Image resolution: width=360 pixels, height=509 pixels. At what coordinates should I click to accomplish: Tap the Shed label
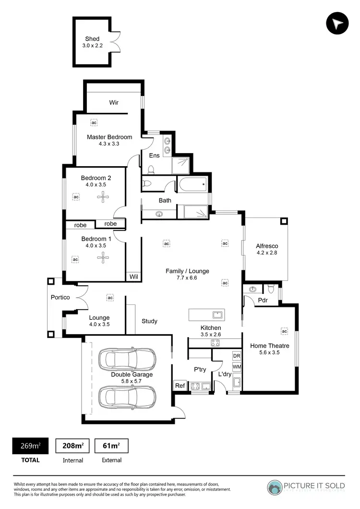coord(92,39)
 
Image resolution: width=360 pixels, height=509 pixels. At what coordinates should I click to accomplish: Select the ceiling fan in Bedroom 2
coord(103,195)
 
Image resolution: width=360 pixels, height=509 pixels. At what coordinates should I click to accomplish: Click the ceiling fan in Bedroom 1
coord(103,258)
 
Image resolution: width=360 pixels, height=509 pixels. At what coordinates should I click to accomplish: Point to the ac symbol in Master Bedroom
coord(94,123)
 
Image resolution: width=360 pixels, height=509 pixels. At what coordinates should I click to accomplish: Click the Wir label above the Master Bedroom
coord(114,102)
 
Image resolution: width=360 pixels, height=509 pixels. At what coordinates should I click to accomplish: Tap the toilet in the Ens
coord(151,169)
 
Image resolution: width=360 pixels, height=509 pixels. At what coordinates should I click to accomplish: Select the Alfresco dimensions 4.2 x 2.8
coord(267,253)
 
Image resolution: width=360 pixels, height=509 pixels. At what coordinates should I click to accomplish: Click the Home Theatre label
coord(265,345)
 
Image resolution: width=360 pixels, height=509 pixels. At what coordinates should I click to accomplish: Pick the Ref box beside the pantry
coord(180,386)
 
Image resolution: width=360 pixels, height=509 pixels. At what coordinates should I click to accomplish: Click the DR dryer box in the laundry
coord(236,356)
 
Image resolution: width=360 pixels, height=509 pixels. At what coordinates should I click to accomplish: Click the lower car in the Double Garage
coord(127,397)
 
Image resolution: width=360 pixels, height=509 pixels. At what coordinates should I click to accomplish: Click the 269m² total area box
coord(30,446)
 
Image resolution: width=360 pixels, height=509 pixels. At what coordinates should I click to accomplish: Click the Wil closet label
coord(133,277)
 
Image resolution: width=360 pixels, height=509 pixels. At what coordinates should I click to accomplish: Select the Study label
coord(149,321)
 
